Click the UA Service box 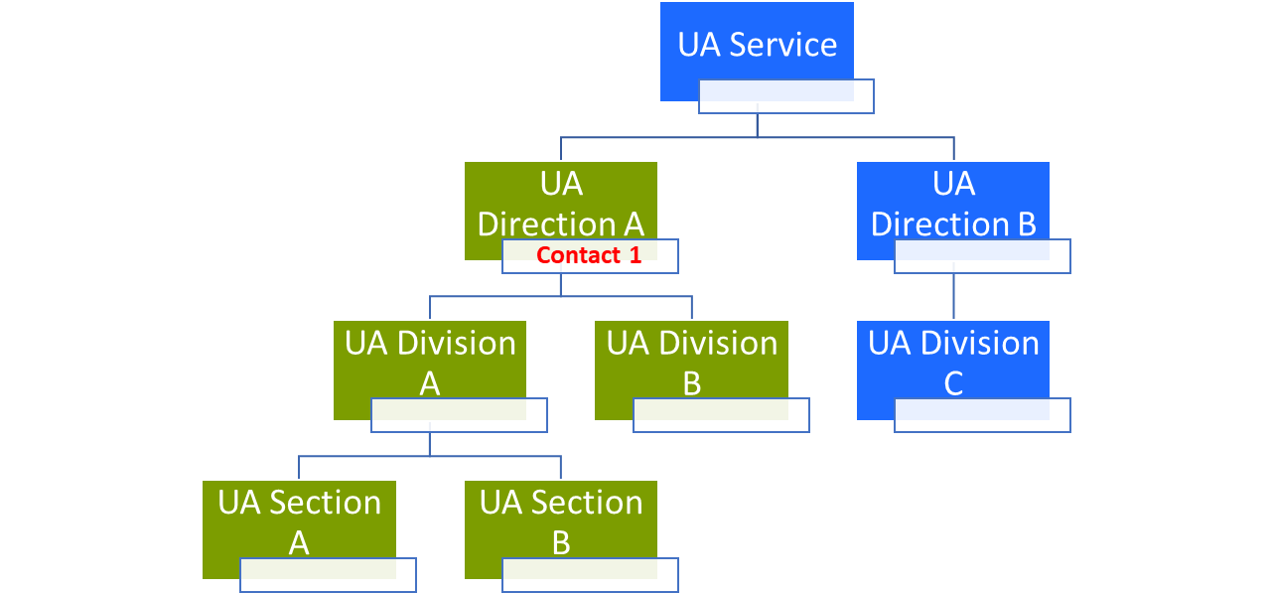(x=757, y=46)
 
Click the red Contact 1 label (x=589, y=255)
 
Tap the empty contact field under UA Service (x=785, y=96)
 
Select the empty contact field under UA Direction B (x=982, y=256)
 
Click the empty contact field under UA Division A (x=459, y=415)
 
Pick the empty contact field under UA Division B (x=721, y=415)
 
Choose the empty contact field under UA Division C (x=982, y=415)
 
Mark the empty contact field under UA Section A (x=328, y=575)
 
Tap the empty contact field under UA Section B (x=590, y=575)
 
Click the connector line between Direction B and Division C (x=953, y=297)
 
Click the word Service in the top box (x=783, y=45)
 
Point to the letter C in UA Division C (x=953, y=384)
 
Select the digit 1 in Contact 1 (x=636, y=255)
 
